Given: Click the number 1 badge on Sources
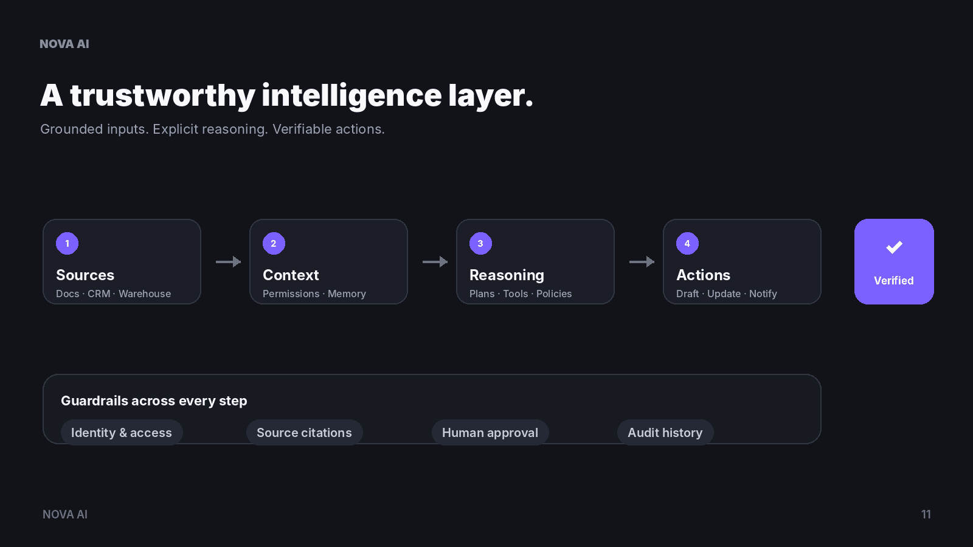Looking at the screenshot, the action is point(68,244).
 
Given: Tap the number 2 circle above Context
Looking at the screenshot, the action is point(274,244).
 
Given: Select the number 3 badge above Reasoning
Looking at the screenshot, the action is point(481,244).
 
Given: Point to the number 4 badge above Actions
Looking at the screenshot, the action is point(688,244).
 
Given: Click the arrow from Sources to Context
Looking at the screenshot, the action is point(229,262).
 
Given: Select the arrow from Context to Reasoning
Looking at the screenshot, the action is point(435,262).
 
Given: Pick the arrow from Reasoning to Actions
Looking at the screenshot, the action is point(642,262).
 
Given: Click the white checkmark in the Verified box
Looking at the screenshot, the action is point(895,247).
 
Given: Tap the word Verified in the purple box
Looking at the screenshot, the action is point(894,280).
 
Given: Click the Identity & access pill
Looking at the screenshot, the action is point(122,432).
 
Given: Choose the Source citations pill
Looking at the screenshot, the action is point(305,432).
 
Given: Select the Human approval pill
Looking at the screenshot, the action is point(490,432).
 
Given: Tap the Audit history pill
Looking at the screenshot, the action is point(665,432).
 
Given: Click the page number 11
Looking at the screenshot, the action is point(926,514).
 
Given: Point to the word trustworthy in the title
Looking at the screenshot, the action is point(162,96).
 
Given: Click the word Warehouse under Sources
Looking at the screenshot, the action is point(145,294).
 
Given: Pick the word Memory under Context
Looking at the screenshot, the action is point(347,294).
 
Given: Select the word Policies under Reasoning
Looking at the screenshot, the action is point(554,294).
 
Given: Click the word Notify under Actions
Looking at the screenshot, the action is point(763,294).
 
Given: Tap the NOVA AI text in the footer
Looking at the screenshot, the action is point(65,514).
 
